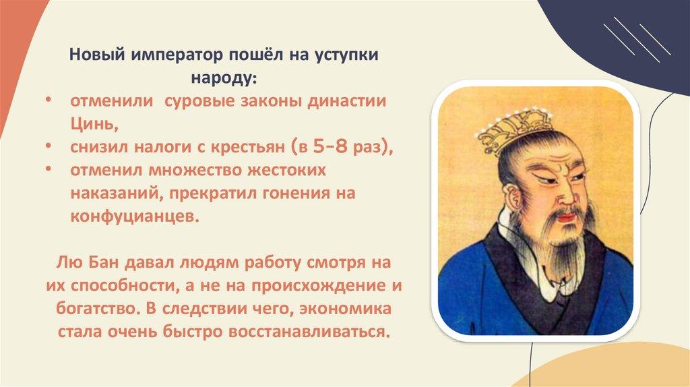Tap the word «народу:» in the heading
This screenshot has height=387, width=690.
224,78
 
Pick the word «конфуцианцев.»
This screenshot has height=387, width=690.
135,216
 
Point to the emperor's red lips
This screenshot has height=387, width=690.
567,216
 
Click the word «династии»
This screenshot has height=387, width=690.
346,101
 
